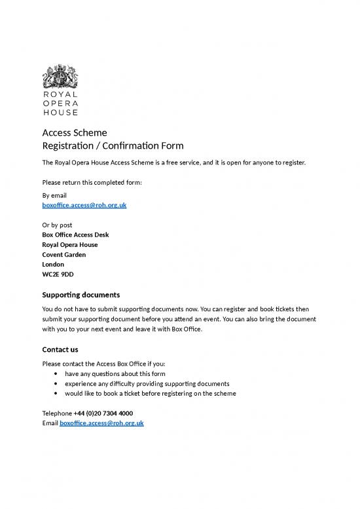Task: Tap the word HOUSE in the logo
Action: point(60,112)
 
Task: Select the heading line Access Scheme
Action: point(74,132)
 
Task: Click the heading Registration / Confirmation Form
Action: point(113,145)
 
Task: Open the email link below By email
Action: point(84,205)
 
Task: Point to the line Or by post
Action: point(57,225)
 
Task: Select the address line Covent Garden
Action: point(63,254)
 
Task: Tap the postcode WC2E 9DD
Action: point(58,274)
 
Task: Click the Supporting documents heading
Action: point(81,294)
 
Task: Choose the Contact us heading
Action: point(60,349)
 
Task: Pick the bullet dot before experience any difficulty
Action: point(60,384)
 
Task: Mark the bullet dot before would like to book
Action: point(60,394)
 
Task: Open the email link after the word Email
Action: point(101,423)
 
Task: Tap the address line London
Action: point(53,264)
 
